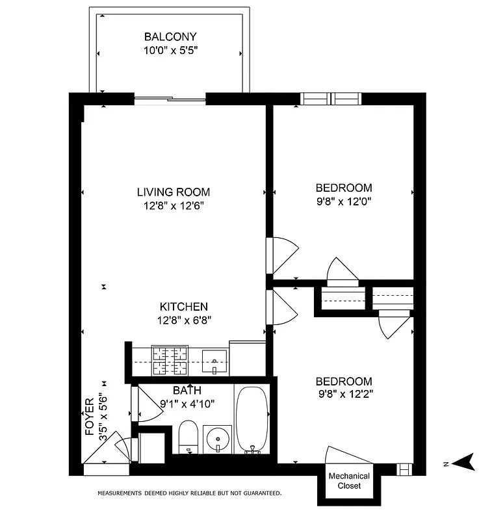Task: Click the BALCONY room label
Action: (x=170, y=37)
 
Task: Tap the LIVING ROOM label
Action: (x=174, y=192)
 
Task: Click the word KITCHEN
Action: (x=184, y=307)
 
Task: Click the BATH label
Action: (x=187, y=391)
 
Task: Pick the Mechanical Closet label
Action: (x=348, y=481)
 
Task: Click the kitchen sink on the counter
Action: (x=214, y=359)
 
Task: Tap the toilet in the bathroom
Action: (x=188, y=436)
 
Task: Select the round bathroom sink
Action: (x=216, y=439)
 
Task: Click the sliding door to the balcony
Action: (x=170, y=99)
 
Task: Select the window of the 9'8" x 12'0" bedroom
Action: (x=331, y=99)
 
